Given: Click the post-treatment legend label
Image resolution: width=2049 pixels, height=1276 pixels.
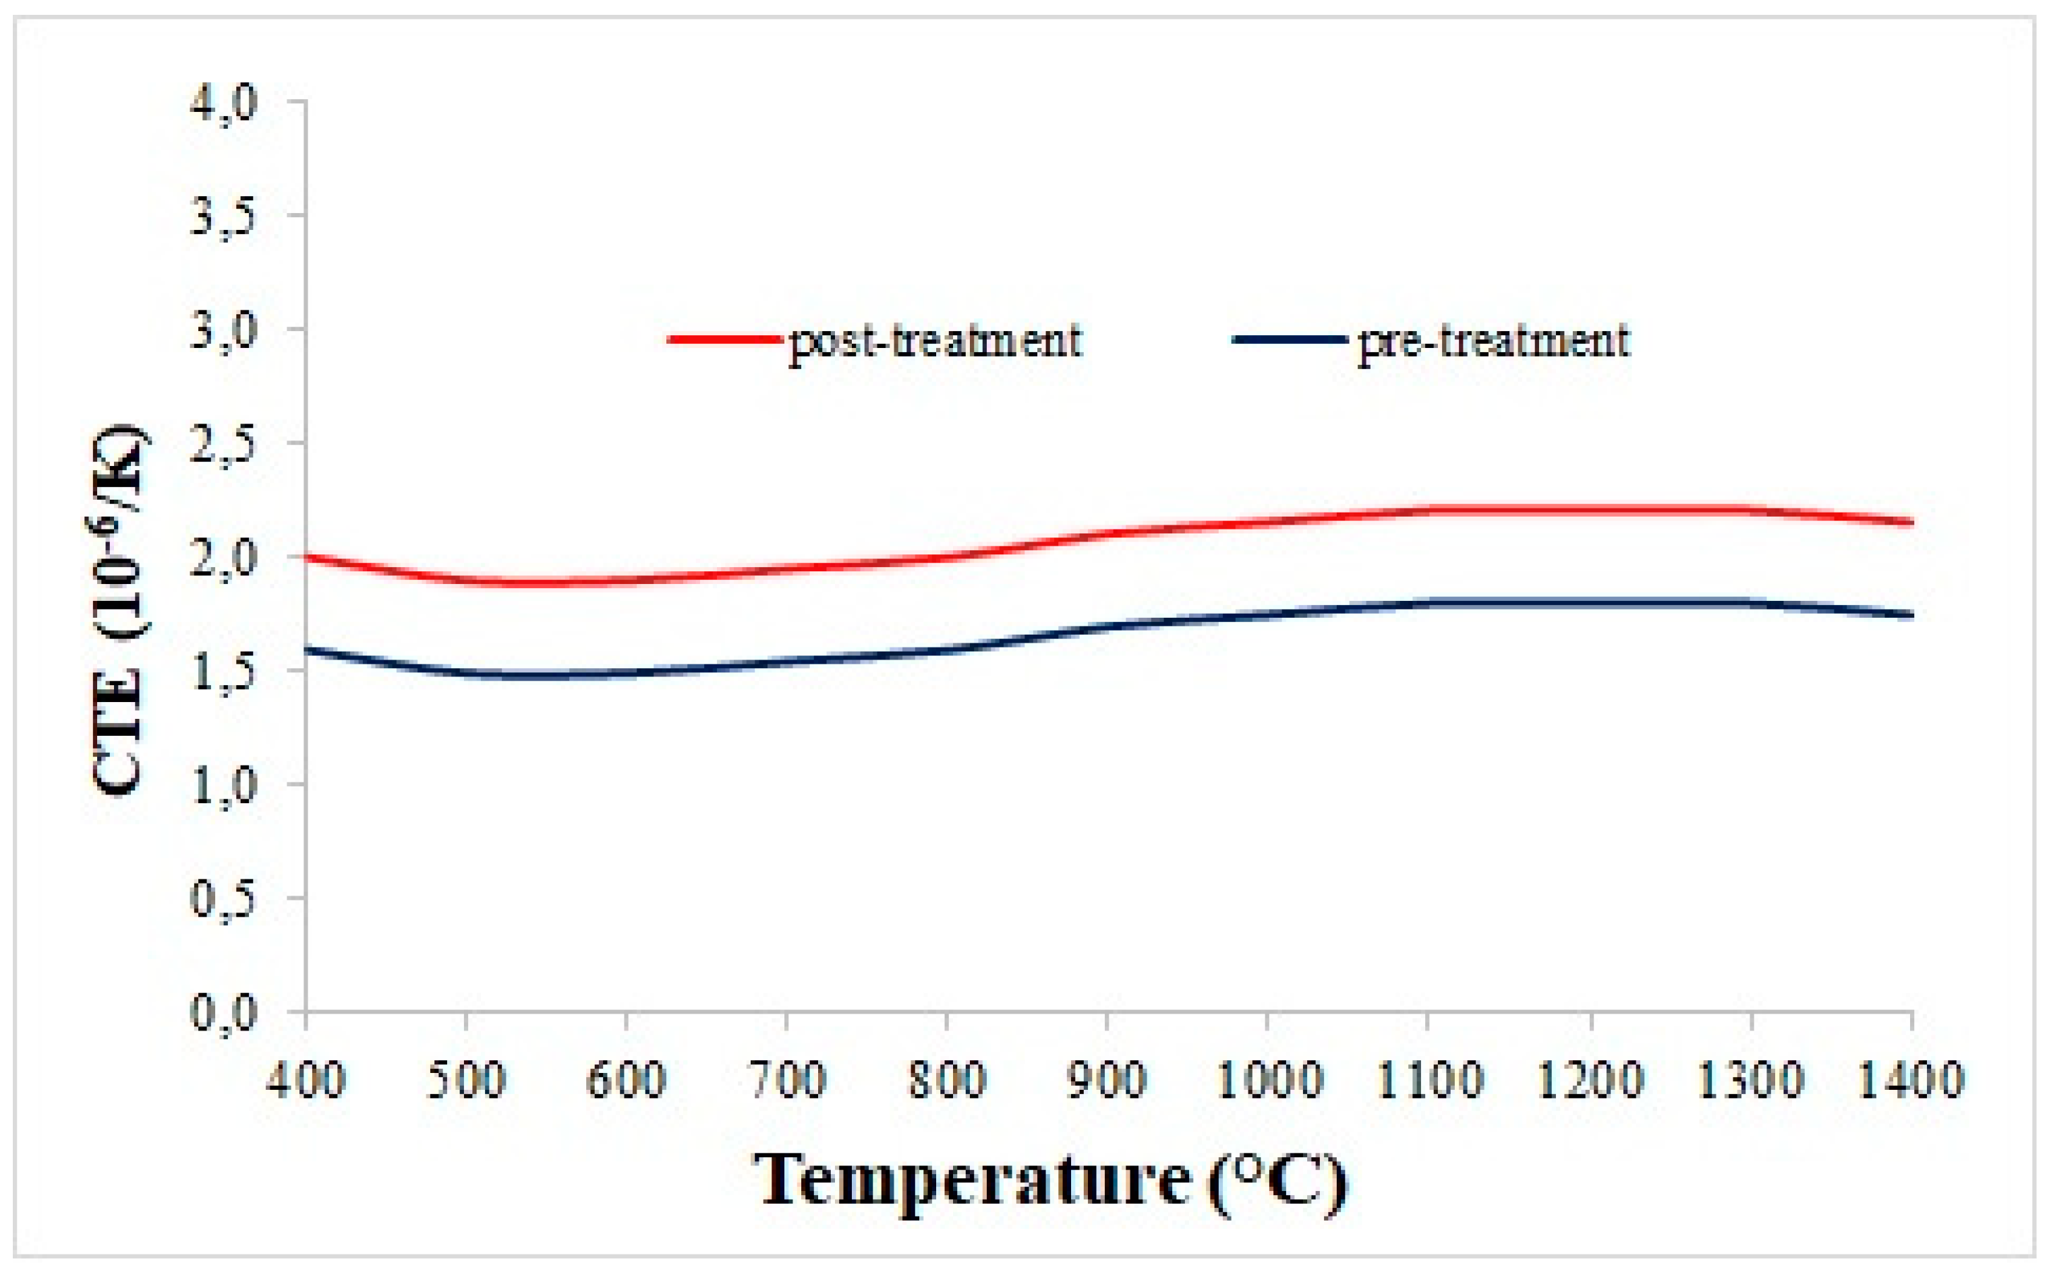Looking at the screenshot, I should (x=934, y=342).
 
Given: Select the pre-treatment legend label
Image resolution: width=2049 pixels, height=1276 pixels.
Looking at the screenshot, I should (x=1493, y=342).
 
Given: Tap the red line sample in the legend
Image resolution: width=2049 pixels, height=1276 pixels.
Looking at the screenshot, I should (x=724, y=340).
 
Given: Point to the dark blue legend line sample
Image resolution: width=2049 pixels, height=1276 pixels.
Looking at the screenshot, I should (x=1289, y=340).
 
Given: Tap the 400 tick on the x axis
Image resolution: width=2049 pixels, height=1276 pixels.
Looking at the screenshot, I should (x=306, y=1080).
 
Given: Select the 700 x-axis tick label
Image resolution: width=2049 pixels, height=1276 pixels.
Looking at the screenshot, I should (x=786, y=1080).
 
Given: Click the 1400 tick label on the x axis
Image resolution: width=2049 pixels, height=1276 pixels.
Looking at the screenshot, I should (x=1911, y=1080).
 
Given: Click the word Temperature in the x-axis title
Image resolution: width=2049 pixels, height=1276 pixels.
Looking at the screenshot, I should (x=971, y=1180).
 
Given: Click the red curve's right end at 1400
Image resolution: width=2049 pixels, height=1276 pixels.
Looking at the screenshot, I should (x=1911, y=523).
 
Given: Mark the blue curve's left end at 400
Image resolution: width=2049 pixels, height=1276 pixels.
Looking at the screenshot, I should (x=307, y=648).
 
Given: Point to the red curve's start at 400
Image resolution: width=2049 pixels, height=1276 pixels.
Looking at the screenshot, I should (x=307, y=556).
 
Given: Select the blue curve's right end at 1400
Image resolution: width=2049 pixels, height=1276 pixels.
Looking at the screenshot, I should (x=1911, y=615).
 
